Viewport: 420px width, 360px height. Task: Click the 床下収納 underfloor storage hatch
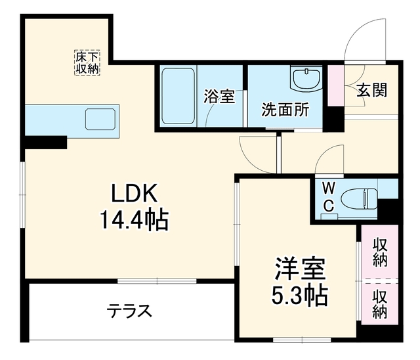pyautogui.click(x=87, y=62)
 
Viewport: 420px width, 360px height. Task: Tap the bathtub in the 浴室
pyautogui.click(x=178, y=96)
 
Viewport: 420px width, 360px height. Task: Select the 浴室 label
pyautogui.click(x=219, y=96)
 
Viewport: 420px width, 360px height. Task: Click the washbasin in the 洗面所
pyautogui.click(x=306, y=79)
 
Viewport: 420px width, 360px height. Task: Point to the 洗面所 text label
pyautogui.click(x=285, y=109)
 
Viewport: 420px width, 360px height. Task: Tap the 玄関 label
pyautogui.click(x=372, y=90)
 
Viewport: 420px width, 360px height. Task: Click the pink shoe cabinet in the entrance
pyautogui.click(x=336, y=85)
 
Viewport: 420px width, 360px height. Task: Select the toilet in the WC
pyautogui.click(x=359, y=198)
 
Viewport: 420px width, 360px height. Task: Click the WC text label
pyautogui.click(x=328, y=197)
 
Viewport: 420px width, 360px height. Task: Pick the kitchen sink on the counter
pyautogui.click(x=100, y=120)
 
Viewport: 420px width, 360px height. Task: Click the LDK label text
pyautogui.click(x=134, y=194)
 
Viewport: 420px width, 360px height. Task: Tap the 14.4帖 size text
pyautogui.click(x=134, y=220)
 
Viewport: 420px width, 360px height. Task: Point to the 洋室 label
pyautogui.click(x=300, y=269)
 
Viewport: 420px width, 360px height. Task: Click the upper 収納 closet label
pyautogui.click(x=380, y=252)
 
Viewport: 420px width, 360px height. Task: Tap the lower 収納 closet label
pyautogui.click(x=380, y=304)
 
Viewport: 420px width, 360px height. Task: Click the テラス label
pyautogui.click(x=130, y=311)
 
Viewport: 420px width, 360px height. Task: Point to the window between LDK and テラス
pyautogui.click(x=157, y=281)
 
